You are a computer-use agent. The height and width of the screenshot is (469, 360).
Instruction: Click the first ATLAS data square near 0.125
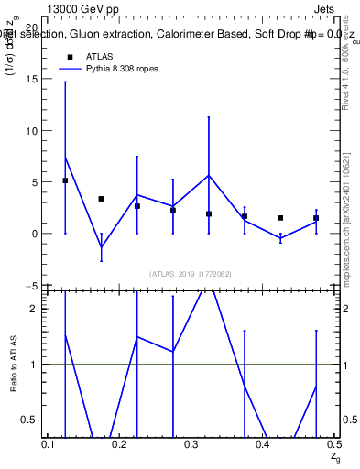pos(65,180)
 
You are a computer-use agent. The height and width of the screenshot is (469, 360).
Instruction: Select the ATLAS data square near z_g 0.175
pos(101,199)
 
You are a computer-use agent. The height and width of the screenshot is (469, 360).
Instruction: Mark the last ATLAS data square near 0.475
pos(316,218)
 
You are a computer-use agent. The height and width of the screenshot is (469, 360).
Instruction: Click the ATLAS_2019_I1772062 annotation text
pos(191,273)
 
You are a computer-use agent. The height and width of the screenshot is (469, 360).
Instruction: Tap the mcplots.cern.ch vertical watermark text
pos(348,220)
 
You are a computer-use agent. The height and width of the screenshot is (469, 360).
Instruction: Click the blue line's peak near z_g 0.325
pos(209,175)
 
